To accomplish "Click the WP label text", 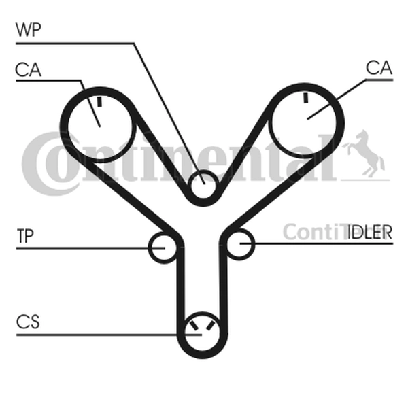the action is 29,30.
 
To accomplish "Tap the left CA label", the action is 28,70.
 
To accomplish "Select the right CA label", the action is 379,67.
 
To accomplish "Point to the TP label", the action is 25,236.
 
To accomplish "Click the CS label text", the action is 28,322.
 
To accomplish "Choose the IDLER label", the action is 369,232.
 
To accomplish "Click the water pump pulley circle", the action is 203,185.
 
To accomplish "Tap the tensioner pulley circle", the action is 164,248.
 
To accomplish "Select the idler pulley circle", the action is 239,245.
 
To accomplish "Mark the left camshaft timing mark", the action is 99,102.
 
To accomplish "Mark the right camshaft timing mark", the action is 306,97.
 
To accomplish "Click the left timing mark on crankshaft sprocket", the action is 194,326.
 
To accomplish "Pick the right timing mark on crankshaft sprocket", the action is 210,326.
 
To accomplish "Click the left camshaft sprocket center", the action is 100,126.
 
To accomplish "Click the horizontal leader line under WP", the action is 75,44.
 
